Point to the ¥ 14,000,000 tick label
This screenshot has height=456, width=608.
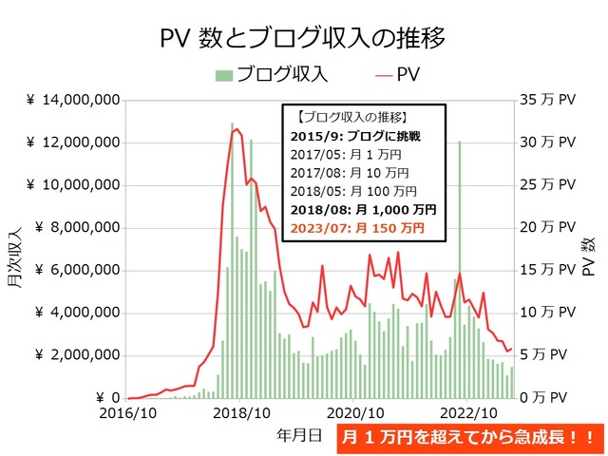pos(73,100)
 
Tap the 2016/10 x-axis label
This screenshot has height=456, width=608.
pos(129,413)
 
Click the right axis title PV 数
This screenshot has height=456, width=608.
pos(588,252)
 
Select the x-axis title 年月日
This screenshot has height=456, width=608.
pos(299,435)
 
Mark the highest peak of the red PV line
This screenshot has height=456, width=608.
pos(237,129)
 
